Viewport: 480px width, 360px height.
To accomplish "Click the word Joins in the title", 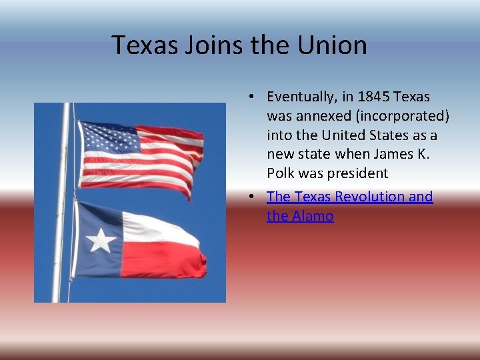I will tap(202, 45).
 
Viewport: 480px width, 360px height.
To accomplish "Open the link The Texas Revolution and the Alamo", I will tap(349, 197).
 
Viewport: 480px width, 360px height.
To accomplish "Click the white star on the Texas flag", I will tap(101, 239).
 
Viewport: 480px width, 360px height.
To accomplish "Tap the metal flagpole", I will tap(62, 200).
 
